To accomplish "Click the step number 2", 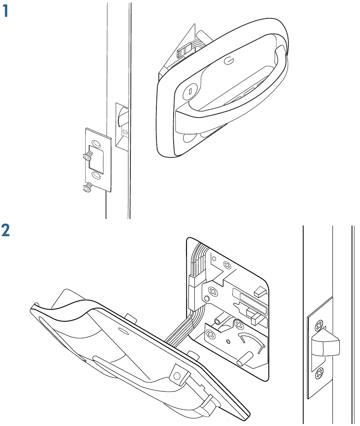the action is tap(6, 230).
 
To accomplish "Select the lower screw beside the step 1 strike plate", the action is tap(88, 187).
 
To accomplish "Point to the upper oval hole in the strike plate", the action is tap(96, 143).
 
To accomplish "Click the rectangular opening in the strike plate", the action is tap(96, 159).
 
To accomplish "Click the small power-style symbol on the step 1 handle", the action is tap(228, 61).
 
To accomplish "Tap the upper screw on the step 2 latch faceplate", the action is tap(319, 325).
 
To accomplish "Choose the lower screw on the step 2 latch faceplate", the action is tap(319, 374).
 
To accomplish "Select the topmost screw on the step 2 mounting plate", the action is tap(227, 265).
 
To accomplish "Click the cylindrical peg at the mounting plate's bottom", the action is tap(243, 358).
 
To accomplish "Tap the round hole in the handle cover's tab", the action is tap(177, 376).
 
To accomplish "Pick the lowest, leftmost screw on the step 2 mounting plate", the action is tap(211, 333).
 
